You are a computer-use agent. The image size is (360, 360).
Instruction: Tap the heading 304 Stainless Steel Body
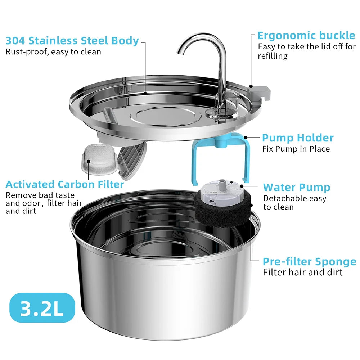(x=72, y=41)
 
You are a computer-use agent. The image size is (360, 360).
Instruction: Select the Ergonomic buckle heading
(x=306, y=36)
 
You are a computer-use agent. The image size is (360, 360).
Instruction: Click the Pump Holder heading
(x=298, y=138)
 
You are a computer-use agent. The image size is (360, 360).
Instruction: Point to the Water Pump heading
(x=297, y=187)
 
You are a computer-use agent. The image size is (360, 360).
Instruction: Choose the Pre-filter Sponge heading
(x=309, y=262)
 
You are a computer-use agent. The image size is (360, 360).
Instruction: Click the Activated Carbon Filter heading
(x=65, y=185)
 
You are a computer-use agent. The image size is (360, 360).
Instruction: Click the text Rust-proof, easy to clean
(x=53, y=51)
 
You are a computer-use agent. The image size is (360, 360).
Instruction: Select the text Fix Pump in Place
(x=296, y=149)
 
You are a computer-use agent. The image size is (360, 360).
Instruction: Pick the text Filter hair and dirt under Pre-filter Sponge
(x=303, y=272)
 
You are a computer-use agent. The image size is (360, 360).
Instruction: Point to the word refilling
(x=273, y=56)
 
